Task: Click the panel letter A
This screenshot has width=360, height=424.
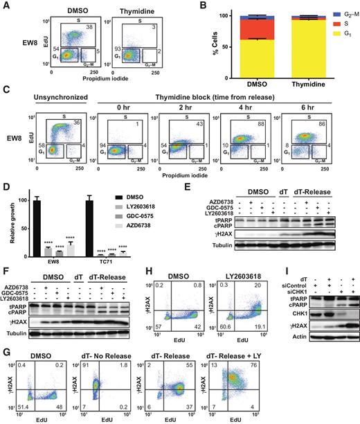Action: point(6,6)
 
